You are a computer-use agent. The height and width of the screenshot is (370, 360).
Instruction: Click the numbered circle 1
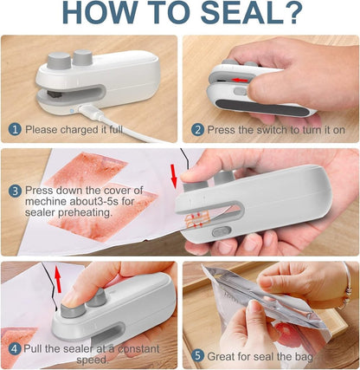click(15, 129)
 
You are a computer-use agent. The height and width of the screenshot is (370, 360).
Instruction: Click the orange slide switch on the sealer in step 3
click(220, 232)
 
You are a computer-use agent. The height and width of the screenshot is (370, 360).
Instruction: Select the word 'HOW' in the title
click(100, 15)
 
